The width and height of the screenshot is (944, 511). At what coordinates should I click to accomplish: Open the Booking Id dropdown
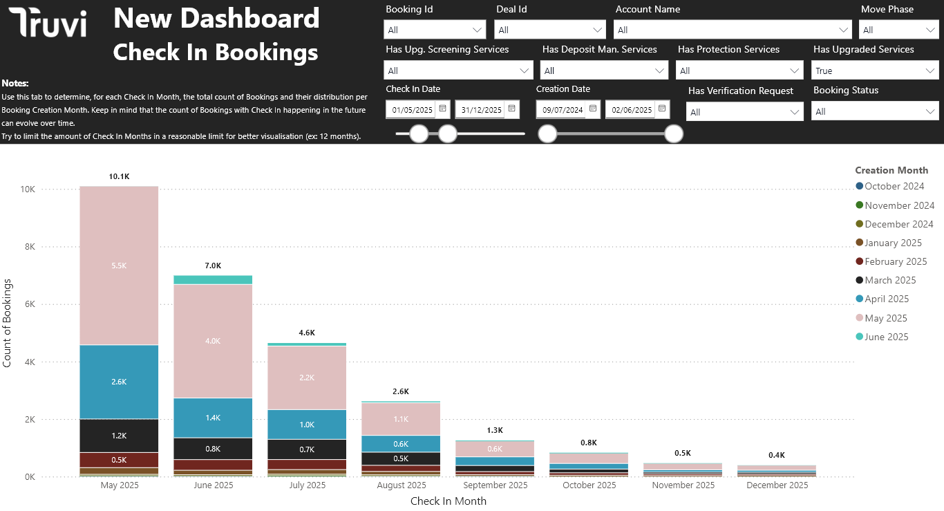(x=435, y=30)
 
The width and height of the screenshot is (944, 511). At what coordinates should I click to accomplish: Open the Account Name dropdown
(x=732, y=30)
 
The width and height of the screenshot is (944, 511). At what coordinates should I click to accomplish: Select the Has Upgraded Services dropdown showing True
(x=875, y=71)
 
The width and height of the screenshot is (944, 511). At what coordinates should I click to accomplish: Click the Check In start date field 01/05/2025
(x=412, y=110)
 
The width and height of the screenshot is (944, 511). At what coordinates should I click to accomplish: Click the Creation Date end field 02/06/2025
(x=631, y=110)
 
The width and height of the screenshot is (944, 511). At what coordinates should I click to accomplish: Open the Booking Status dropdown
(x=875, y=111)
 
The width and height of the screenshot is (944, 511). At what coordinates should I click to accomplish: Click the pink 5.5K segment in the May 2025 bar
(x=119, y=265)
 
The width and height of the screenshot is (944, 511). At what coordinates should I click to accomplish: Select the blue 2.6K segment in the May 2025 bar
(x=119, y=382)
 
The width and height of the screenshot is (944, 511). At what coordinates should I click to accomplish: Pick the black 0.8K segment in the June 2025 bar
(x=213, y=448)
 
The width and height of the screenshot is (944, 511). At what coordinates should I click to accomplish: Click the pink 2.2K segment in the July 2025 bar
(x=307, y=378)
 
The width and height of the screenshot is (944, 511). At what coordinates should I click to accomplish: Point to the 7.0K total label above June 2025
(x=213, y=266)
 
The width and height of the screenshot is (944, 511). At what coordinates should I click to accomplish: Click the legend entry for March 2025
(x=890, y=280)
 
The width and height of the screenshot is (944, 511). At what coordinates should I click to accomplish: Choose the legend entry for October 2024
(x=894, y=186)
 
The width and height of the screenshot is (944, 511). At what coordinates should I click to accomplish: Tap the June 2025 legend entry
(x=886, y=337)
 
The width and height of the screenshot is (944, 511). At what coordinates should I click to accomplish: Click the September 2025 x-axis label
(x=495, y=485)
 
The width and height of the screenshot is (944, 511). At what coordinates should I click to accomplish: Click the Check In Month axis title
(x=449, y=501)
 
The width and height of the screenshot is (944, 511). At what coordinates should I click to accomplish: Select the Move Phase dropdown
(x=898, y=30)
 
